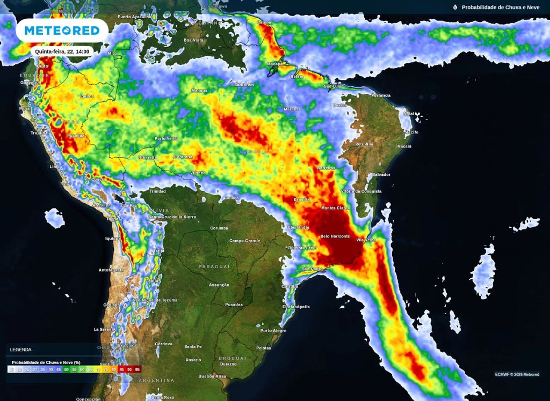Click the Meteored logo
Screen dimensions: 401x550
click(x=62, y=31)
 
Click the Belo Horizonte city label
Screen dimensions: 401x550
click(x=335, y=236)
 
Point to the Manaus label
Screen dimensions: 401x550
click(x=199, y=91)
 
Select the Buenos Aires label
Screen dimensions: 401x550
click(x=212, y=376)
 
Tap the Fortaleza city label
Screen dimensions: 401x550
click(x=380, y=95)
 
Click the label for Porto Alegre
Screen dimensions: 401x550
click(x=273, y=331)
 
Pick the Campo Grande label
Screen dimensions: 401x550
click(x=245, y=241)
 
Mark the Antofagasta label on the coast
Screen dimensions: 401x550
click(x=111, y=270)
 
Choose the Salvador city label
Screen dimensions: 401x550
click(x=381, y=175)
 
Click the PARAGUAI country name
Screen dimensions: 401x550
click(x=214, y=266)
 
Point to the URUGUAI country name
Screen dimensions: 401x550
click(x=232, y=358)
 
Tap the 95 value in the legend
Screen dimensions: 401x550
click(x=137, y=369)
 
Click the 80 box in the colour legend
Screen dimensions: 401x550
click(x=114, y=369)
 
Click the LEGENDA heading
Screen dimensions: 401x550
click(x=20, y=350)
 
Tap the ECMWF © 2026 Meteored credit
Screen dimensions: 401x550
click(x=517, y=374)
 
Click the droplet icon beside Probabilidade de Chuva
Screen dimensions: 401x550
click(x=455, y=8)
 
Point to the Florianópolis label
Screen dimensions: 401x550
click(x=296, y=307)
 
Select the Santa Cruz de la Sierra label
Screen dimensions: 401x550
click(x=172, y=217)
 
